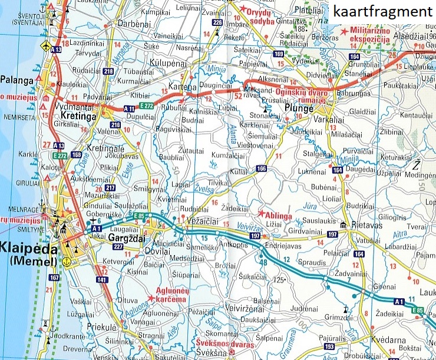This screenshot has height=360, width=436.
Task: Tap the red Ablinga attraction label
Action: coord(279,215)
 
